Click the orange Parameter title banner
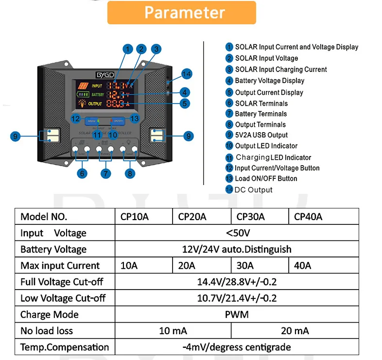pos(181,13)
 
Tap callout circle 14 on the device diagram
pos(187,74)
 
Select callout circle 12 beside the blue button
pos(75,119)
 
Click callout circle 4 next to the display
pos(184,92)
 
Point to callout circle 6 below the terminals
pos(82,173)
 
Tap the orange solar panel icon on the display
pos(84,86)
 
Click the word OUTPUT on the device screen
pos(95,103)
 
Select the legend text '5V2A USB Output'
pos(261,135)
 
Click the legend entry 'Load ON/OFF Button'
pos(266,178)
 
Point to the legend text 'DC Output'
pos(253,190)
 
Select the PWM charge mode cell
pos(237,314)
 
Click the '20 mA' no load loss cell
pos(295,331)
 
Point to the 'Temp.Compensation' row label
pos(64,347)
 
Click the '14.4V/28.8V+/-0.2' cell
pos(237,282)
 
